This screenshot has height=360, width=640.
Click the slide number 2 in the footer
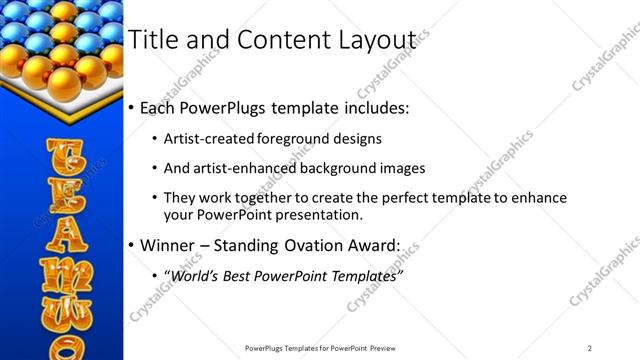click(x=590, y=348)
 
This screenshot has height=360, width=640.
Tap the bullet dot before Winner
click(x=131, y=245)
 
